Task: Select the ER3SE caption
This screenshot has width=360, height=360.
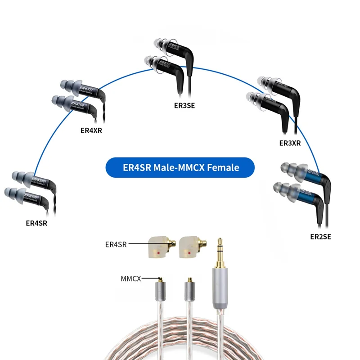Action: [x=184, y=106]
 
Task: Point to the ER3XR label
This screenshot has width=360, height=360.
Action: [x=290, y=143]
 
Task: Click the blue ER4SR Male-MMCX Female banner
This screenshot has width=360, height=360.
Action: [x=180, y=167]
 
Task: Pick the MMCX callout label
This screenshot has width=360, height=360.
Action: [x=131, y=279]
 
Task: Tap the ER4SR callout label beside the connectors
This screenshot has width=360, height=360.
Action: [x=116, y=244]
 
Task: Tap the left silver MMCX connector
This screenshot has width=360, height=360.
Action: [x=160, y=292]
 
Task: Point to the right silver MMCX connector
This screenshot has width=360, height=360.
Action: [x=189, y=292]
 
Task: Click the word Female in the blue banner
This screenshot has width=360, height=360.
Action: [x=223, y=167]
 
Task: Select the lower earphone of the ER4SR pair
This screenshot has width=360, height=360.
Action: [x=27, y=196]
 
